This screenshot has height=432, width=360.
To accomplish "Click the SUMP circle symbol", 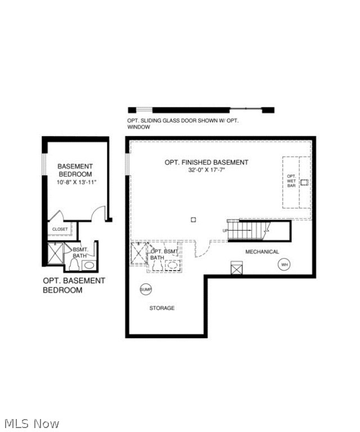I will point(146,289).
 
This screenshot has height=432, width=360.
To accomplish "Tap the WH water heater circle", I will point(285,264).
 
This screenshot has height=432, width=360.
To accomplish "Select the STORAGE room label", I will point(162,308).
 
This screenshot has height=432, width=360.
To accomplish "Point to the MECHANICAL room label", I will point(262,252).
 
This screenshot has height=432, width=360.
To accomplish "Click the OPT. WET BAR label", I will point(291,181).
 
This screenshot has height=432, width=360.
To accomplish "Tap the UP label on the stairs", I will point(226,231).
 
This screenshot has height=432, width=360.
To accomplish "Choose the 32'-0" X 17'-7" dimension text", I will point(206,170).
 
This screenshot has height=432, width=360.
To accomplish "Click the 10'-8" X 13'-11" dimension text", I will point(76,182).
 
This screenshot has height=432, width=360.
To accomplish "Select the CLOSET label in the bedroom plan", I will point(60,229).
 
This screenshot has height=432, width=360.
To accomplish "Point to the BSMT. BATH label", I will point(79,252).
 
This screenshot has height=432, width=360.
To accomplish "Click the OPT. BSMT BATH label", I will point(163,254).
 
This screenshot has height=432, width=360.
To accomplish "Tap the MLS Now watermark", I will point(31,424).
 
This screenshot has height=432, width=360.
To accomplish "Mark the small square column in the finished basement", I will point(193,219).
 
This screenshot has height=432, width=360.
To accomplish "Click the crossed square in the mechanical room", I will point(237,268).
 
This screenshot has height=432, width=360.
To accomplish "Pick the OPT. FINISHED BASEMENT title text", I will point(206,163).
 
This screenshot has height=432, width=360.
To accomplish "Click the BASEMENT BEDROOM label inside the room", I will point(75,170).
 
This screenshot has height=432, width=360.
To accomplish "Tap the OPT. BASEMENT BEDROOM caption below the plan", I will point(74,285).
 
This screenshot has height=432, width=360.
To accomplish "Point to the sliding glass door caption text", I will point(183,124).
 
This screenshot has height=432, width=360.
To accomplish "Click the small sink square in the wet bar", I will point(304,182).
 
